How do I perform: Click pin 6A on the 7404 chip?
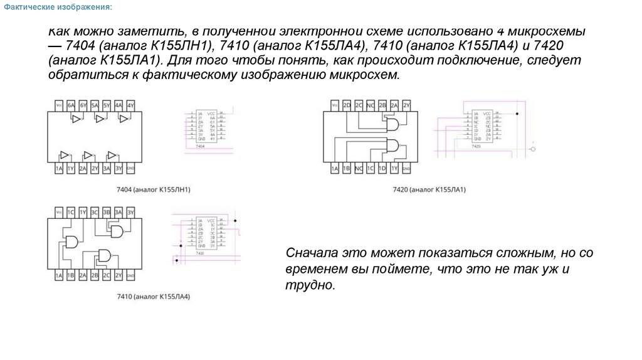click(70, 105)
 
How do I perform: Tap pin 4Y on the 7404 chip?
click(130, 105)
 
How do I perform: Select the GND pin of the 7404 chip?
click(130, 169)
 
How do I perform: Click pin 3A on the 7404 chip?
click(107, 169)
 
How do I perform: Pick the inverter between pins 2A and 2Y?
click(88, 154)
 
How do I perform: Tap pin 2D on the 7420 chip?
click(346, 105)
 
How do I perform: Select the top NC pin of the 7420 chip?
click(370, 105)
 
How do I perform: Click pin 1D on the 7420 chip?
click(382, 169)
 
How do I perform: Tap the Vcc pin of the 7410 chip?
click(58, 212)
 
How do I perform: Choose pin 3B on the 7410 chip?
click(107, 212)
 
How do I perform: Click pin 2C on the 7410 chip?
click(107, 275)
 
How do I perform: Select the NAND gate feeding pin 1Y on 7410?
click(70, 242)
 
